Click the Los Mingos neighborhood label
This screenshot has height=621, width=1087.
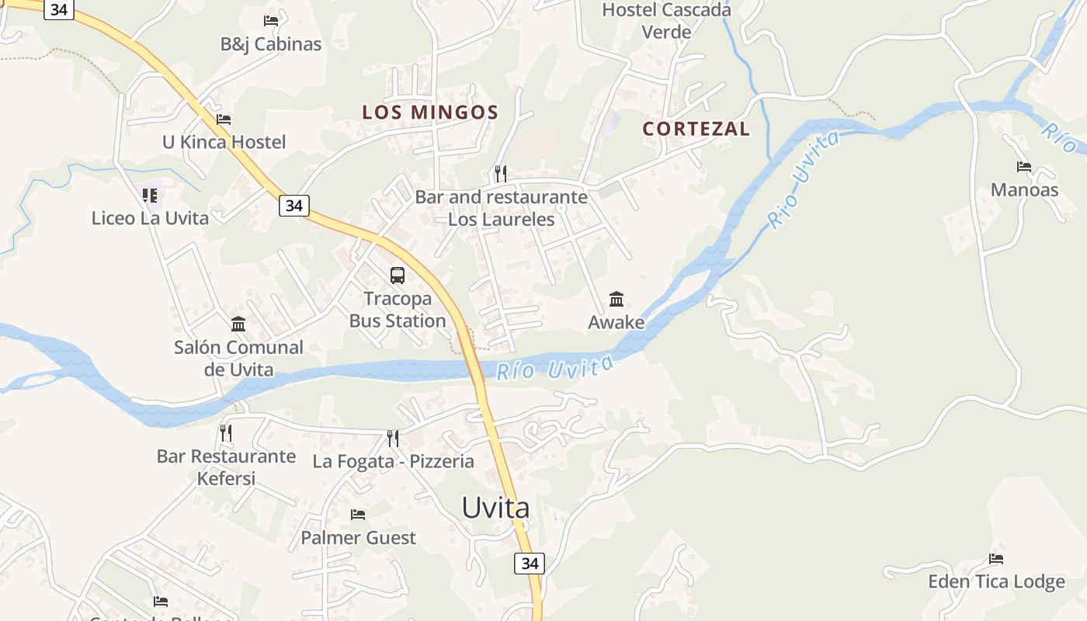point(430,113)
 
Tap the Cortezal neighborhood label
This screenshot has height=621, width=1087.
point(696,129)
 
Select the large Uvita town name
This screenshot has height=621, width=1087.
point(495,508)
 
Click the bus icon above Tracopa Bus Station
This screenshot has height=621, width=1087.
point(398,275)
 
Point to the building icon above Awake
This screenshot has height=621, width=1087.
point(616,299)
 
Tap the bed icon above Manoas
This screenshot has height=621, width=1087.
point(1024,167)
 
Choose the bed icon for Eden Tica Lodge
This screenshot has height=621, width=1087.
point(996,559)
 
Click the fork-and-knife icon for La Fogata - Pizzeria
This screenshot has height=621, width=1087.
point(393,439)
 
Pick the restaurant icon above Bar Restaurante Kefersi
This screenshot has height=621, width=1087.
point(226,433)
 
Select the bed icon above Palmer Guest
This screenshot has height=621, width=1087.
point(358,515)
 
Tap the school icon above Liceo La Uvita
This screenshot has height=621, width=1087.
point(150,196)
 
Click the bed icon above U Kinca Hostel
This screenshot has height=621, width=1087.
point(224,120)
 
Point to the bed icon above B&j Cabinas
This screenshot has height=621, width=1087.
point(271,21)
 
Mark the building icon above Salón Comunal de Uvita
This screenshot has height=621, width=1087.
point(238,324)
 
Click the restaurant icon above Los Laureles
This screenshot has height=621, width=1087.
point(501,174)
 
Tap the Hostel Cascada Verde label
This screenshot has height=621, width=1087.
point(666,21)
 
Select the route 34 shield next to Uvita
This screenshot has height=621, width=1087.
point(530,564)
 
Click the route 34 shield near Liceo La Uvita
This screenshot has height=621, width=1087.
point(293,206)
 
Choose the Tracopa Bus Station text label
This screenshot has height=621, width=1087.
point(398,310)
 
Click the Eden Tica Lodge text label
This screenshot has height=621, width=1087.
point(996,582)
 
